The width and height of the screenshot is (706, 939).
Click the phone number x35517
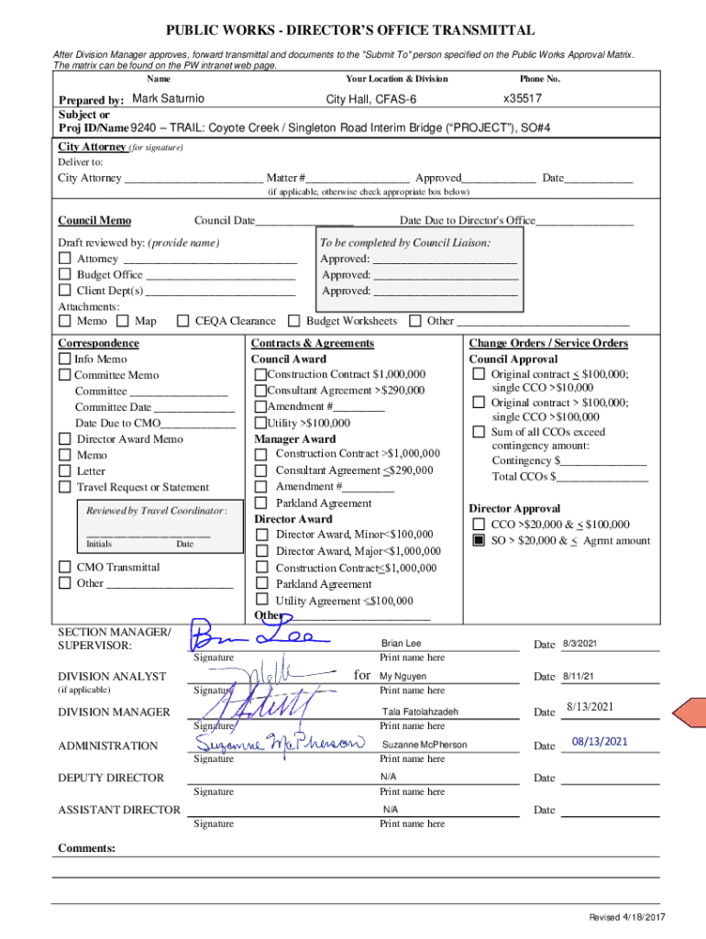pyautogui.click(x=523, y=98)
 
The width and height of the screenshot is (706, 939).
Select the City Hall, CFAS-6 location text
pyautogui.click(x=371, y=99)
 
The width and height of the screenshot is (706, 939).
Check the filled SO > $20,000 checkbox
pyautogui.click(x=479, y=541)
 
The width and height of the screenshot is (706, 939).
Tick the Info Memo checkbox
pyautogui.click(x=65, y=359)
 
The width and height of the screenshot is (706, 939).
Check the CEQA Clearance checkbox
pyautogui.click(x=182, y=321)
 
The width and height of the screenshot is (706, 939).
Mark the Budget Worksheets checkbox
pyautogui.click(x=294, y=321)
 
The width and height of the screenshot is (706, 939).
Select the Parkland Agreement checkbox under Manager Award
pyautogui.click(x=261, y=503)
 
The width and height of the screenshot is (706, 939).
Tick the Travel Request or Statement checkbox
pyautogui.click(x=65, y=487)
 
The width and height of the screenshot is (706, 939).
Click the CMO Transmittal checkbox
pyautogui.click(x=65, y=568)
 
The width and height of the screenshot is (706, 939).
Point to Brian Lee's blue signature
pyautogui.click(x=252, y=636)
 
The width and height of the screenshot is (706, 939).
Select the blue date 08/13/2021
pyautogui.click(x=600, y=742)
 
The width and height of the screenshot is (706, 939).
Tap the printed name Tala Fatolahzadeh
pyautogui.click(x=420, y=712)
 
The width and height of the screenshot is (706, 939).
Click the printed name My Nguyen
pyautogui.click(x=403, y=676)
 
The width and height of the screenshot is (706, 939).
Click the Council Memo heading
pyautogui.click(x=94, y=220)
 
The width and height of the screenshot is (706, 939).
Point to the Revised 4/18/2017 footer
pyautogui.click(x=627, y=918)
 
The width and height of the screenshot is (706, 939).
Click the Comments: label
pyautogui.click(x=87, y=848)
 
